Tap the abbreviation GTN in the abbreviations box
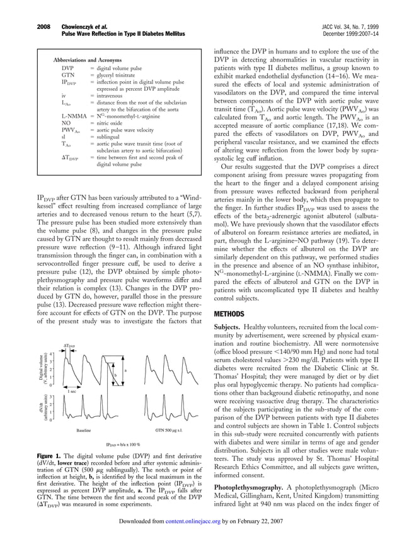[x=68, y=74]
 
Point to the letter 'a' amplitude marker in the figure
[x=125, y=370]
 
